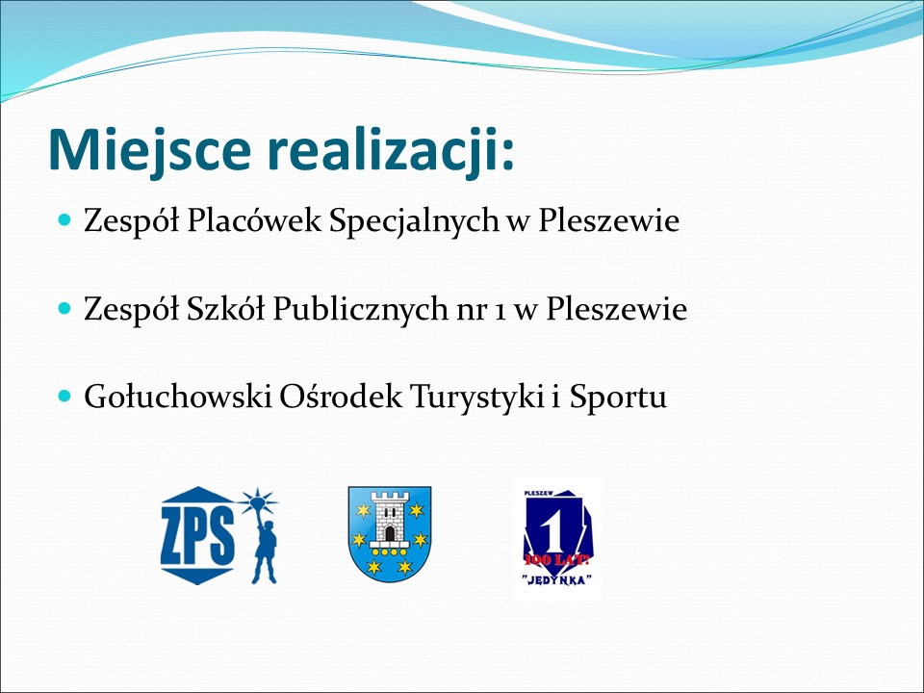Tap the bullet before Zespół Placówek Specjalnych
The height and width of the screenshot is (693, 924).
(64, 220)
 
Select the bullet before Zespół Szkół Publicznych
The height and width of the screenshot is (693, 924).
(64, 308)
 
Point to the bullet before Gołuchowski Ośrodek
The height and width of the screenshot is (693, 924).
(64, 396)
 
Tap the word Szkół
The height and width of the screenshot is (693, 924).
(225, 308)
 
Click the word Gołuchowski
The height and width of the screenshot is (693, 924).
(177, 396)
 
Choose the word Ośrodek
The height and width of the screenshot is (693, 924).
(341, 396)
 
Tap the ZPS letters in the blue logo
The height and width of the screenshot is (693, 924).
(197, 536)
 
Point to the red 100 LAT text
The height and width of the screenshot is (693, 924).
(557, 558)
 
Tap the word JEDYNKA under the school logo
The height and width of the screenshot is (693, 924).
(557, 579)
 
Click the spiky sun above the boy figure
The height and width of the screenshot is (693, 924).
(258, 502)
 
